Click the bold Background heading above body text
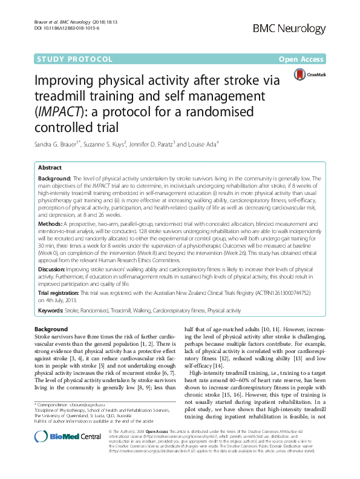51,329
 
